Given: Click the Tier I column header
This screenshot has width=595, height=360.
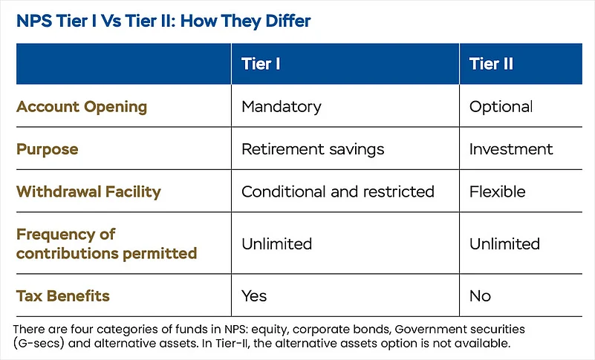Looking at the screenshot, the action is pos(261,64).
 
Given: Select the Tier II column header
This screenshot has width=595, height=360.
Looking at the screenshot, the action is pos(491,64).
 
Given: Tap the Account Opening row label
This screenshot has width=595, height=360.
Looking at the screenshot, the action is pos(82,107).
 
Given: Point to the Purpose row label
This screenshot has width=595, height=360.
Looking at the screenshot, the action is pos(47,149).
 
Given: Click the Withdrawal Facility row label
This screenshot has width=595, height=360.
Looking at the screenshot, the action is pos(89,192).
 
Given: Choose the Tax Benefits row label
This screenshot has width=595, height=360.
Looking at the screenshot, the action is pos(63,296).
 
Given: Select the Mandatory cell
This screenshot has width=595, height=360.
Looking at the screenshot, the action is pos(282,107).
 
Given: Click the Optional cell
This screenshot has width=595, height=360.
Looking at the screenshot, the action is pos(501,107).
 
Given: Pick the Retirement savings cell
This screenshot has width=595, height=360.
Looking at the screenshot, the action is pos(313,149).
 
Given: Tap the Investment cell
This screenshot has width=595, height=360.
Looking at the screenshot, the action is pos(511,149).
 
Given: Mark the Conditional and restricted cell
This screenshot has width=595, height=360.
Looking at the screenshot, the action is pos(338,192).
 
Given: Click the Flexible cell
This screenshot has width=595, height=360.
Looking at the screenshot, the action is pos(498,192).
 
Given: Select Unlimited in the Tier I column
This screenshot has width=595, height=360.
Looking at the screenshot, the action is pos(276,243).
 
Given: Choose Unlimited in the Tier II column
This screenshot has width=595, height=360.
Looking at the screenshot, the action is pos(504,243).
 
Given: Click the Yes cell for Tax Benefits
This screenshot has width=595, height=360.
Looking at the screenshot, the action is pos(254,296).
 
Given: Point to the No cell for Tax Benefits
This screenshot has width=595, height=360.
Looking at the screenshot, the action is pos(480,296).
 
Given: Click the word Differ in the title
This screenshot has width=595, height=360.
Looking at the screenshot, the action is pos(288,21).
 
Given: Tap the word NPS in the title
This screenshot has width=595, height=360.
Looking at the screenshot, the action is pos(34,21).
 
